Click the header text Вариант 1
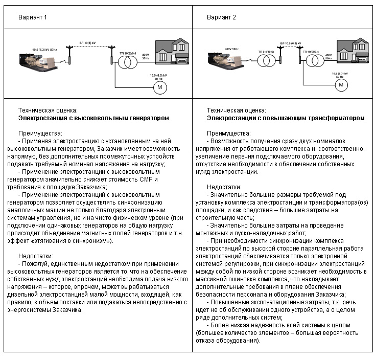tap(33, 17)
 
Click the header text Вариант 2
tap(221, 17)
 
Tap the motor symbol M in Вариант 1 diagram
tap(159, 87)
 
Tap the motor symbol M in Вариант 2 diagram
tap(341, 84)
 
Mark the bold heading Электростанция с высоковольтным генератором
tap(93, 118)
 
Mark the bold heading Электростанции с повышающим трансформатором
tap(286, 118)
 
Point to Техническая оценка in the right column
tap(236, 110)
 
